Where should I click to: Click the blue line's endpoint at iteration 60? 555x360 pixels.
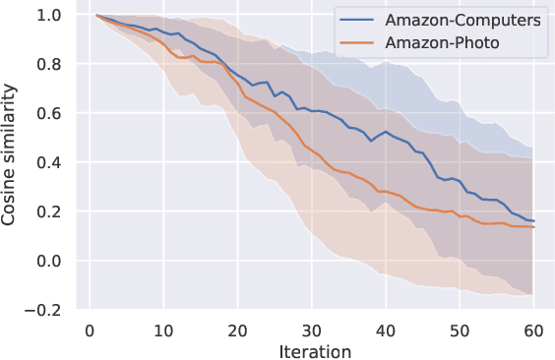533,221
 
